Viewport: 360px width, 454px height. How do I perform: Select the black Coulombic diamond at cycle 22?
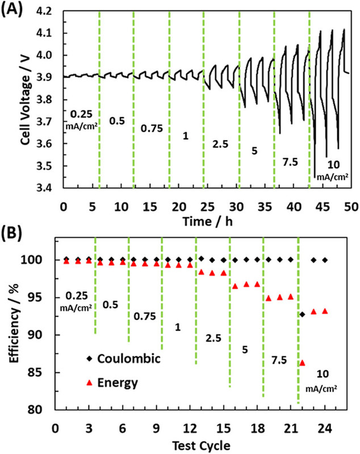click(x=302, y=314)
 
